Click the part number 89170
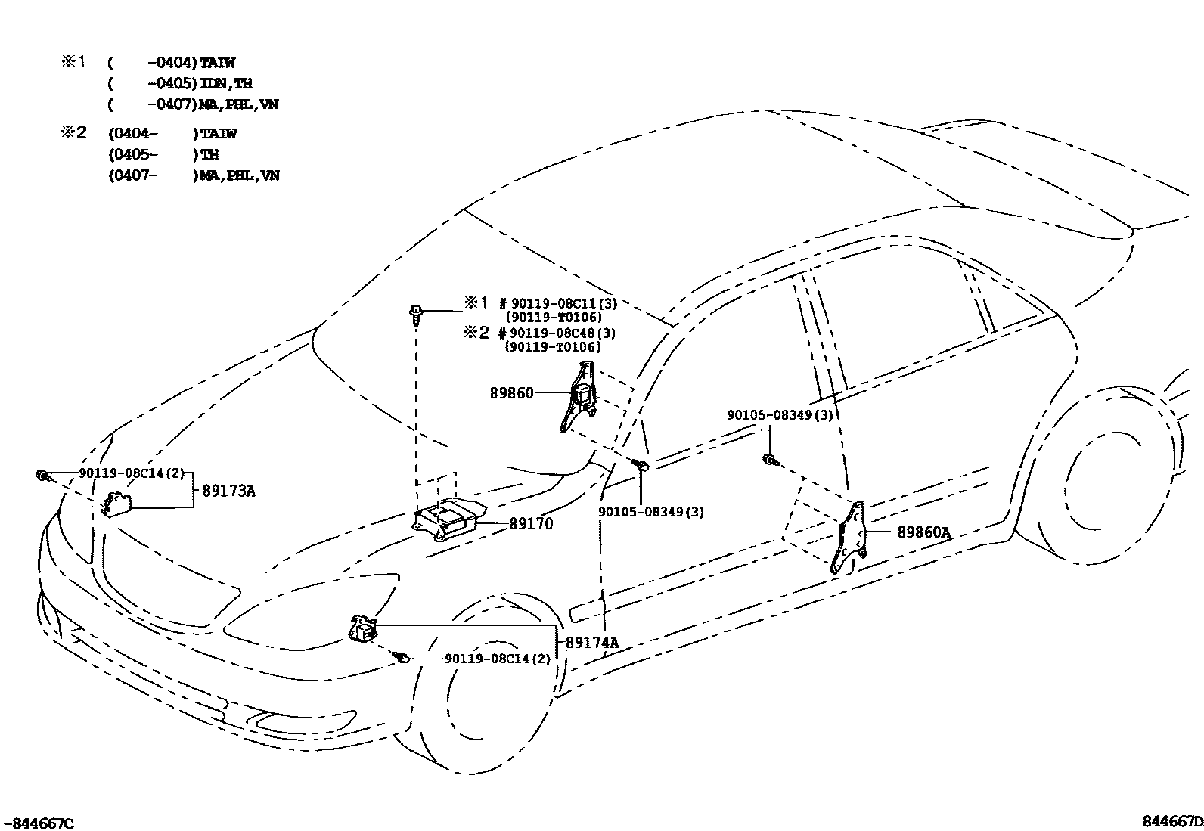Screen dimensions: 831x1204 pos(531,523)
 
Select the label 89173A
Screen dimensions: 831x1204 pos(228,491)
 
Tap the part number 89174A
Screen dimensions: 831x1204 pos(592,643)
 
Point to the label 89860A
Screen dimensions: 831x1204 pos(923,532)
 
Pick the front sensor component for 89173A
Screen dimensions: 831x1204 pos(117,503)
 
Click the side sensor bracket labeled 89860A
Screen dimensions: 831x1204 pos(849,537)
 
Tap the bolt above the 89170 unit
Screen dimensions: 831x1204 pos(416,312)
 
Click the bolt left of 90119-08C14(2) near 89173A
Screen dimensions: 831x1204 pos(42,475)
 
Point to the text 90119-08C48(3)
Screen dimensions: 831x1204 pos(562,333)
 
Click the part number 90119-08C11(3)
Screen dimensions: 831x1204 pos(563,304)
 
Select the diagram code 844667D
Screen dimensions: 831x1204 pos(1172,822)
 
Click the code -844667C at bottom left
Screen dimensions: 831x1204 pos(39,823)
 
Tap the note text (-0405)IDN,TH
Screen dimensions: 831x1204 pos(181,84)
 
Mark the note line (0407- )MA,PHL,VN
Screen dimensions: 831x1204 pos(194,175)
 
